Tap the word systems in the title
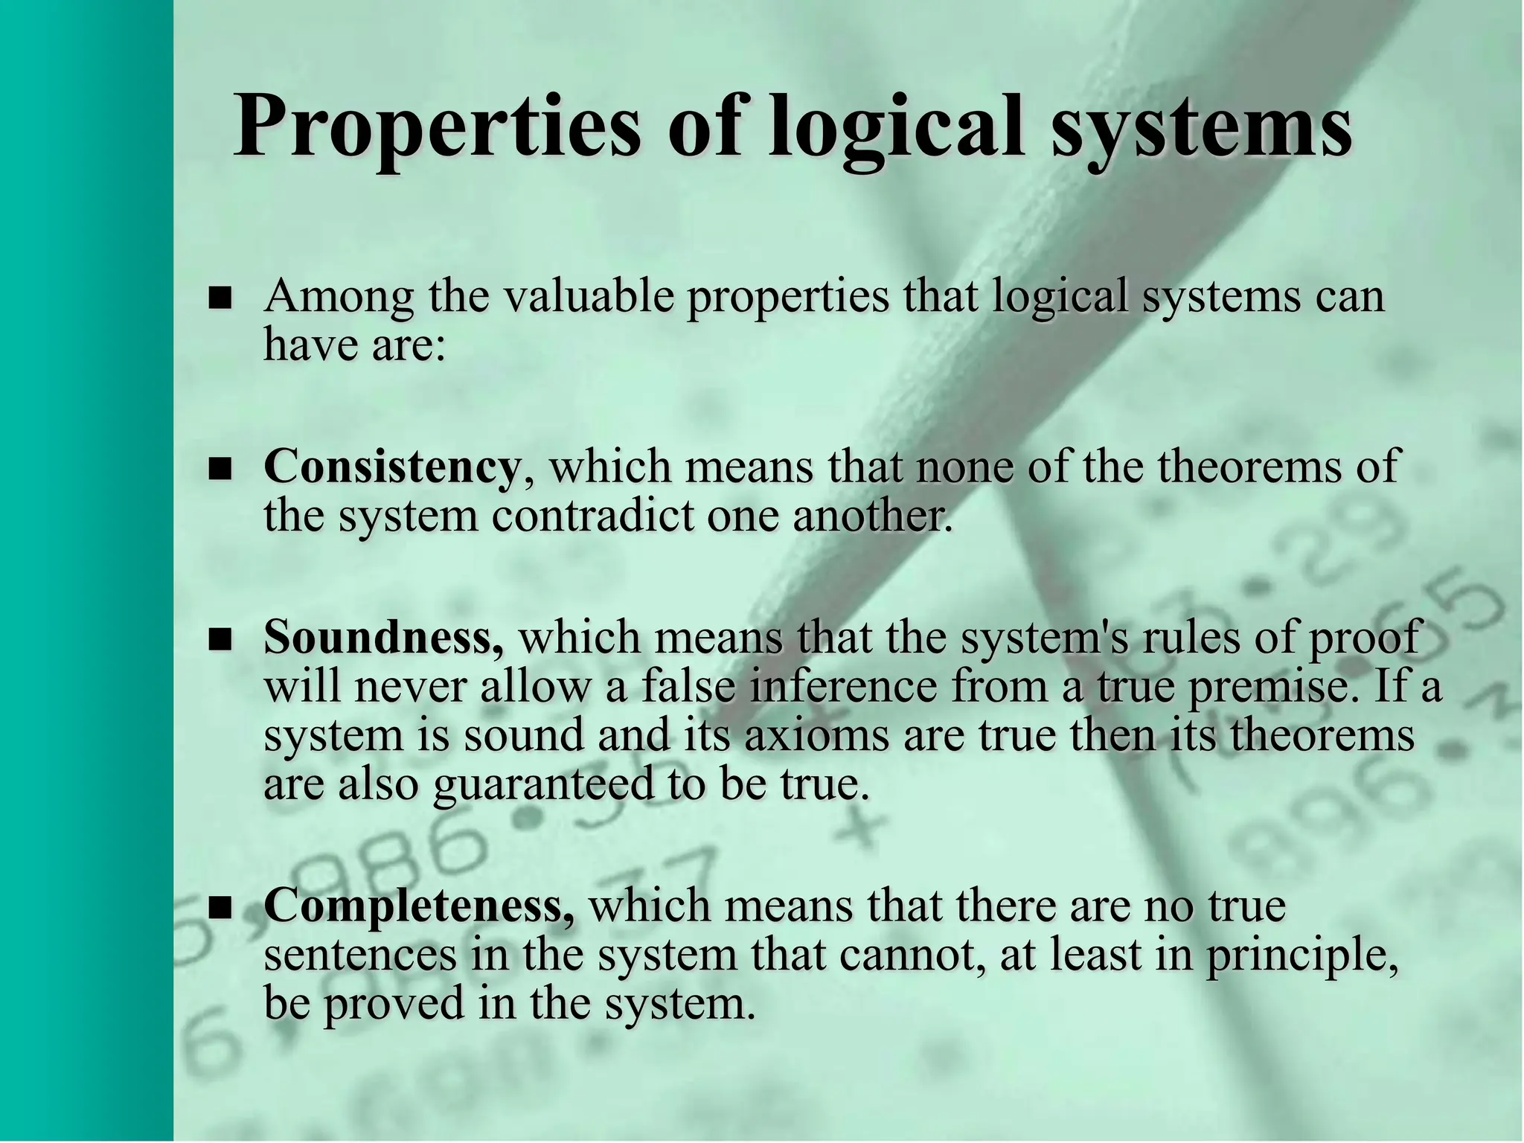pyautogui.click(x=1201, y=127)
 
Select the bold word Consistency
pyautogui.click(x=391, y=467)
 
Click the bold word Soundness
pyautogui.click(x=382, y=638)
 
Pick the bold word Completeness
pyautogui.click(x=418, y=906)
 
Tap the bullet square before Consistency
pyautogui.click(x=220, y=470)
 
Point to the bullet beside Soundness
pyautogui.click(x=220, y=641)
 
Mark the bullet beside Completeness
pyautogui.click(x=220, y=909)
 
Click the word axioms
pyautogui.click(x=816, y=735)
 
